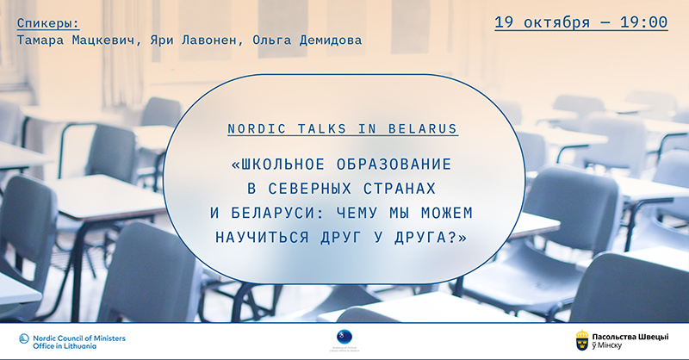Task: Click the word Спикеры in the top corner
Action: (50, 21)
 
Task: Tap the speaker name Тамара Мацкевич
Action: (71, 40)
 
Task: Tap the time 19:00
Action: (642, 22)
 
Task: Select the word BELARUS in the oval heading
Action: (425, 128)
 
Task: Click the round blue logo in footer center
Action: (344, 336)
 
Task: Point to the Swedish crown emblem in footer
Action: (582, 340)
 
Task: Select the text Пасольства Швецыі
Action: (636, 335)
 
